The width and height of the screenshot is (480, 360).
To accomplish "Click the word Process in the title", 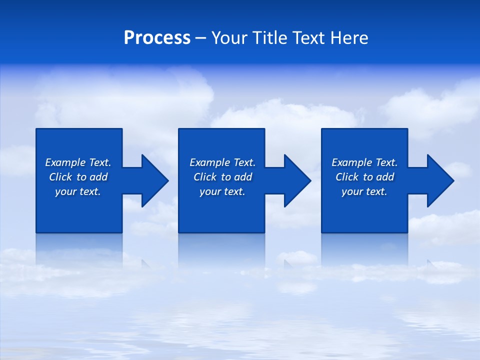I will [x=157, y=38].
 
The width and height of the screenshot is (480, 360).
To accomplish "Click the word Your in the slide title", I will [x=229, y=38].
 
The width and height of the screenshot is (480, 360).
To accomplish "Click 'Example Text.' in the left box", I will [x=78, y=162].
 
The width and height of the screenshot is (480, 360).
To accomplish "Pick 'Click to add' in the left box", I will [x=78, y=177].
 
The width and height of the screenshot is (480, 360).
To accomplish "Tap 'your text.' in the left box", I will [x=78, y=191].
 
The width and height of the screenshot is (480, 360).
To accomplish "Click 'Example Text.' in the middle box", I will [x=222, y=162].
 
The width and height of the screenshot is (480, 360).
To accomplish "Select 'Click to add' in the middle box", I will [x=222, y=177].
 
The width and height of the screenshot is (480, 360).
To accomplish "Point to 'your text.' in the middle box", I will [x=222, y=191].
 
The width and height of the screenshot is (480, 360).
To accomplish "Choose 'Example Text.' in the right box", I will [x=364, y=162].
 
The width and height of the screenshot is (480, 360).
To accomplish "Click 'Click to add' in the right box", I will [x=364, y=177].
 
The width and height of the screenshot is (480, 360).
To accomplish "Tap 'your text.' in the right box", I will [x=364, y=191].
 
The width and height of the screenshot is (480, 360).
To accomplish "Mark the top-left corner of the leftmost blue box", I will [x=36, y=129].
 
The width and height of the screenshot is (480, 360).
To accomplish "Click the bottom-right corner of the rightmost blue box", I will [x=407, y=232].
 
